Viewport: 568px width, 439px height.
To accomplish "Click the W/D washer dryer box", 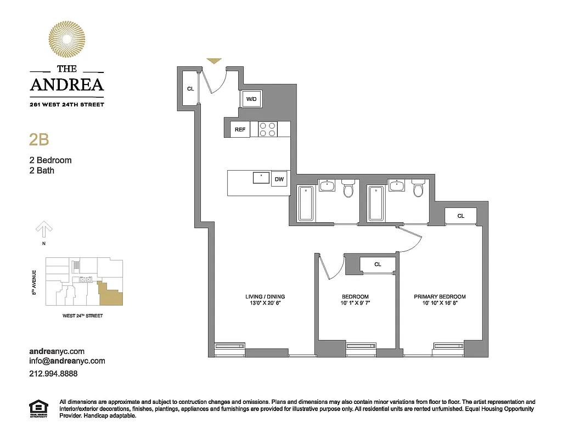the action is click(x=252, y=99).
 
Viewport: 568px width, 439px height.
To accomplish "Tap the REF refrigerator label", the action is click(x=240, y=130).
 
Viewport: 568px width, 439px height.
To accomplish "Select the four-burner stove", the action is click(x=268, y=129).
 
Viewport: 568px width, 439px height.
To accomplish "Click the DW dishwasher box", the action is click(x=279, y=179).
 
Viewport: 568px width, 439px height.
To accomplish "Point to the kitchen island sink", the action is click(x=261, y=178).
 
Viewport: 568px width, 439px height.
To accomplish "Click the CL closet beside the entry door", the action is click(x=190, y=88).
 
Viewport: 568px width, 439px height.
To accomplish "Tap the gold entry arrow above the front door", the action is click(x=214, y=60).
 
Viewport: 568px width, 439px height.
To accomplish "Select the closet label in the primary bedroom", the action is click(x=461, y=216).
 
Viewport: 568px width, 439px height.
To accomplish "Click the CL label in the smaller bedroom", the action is click(x=378, y=264).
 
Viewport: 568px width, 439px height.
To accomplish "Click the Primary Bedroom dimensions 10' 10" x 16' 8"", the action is click(x=440, y=303).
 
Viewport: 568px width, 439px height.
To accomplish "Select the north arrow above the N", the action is click(x=44, y=229).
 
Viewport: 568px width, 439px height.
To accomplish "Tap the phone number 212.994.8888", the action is click(x=53, y=373).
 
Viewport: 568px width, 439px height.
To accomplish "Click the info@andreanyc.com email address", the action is click(x=67, y=361).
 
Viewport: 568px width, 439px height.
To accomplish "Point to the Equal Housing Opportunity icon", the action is click(x=37, y=409).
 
